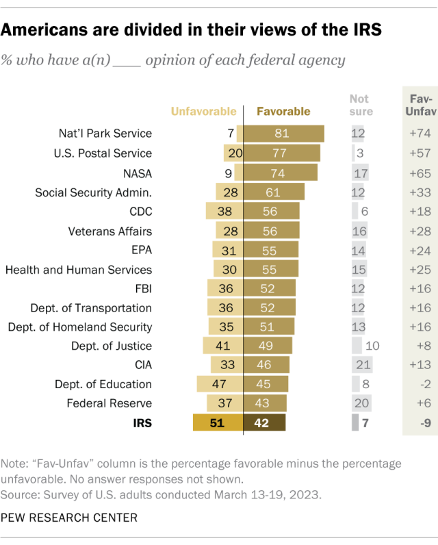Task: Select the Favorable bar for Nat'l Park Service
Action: pos(283,134)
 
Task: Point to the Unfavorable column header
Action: pos(203,111)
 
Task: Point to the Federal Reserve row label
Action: pos(109,404)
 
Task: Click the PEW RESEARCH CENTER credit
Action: pos(69,518)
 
